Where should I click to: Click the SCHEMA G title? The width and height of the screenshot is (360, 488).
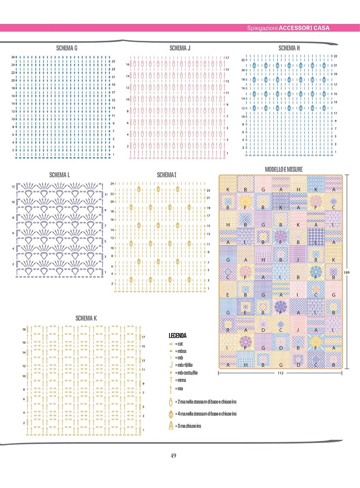point(67,48)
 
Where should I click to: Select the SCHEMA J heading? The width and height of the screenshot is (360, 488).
point(180,48)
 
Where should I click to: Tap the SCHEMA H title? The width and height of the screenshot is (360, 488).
point(289,48)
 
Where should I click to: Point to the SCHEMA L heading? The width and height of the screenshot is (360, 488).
point(60,175)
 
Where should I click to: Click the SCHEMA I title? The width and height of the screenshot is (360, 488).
point(166,175)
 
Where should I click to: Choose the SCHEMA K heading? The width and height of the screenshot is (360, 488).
point(86,318)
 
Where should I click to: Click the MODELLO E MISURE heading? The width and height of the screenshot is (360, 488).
point(284,169)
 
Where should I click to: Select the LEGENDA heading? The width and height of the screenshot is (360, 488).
point(177,336)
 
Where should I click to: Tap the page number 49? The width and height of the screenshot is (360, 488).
point(173,455)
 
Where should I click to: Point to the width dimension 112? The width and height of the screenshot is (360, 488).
point(280,373)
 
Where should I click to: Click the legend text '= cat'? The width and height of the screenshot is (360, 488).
point(179,344)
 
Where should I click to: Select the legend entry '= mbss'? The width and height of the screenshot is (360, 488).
point(181,351)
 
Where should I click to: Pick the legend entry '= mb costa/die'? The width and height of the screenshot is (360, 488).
point(186,373)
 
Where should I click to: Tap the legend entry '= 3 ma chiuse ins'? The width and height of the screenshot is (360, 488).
point(188,426)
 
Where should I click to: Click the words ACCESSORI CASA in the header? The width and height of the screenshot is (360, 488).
point(304,28)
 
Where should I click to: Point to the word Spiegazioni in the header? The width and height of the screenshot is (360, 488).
point(262,28)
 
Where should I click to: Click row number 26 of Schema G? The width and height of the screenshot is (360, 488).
point(13,57)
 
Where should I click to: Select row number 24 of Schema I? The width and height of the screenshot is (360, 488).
point(112,183)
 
